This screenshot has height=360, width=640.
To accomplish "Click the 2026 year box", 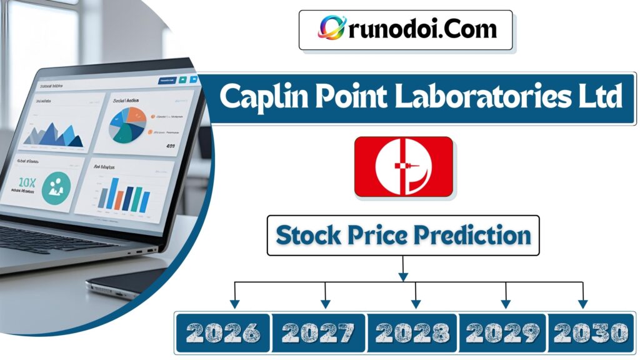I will (223, 332).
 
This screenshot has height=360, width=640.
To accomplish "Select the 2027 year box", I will (319, 332).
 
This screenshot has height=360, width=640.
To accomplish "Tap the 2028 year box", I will (413, 332).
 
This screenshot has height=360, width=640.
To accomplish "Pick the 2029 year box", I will (503, 332).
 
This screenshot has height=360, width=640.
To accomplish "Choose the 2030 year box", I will (590, 332).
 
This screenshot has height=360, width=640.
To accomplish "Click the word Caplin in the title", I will (261, 98).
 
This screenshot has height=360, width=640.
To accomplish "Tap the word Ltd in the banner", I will (599, 98).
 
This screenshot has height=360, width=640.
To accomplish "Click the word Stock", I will (307, 236).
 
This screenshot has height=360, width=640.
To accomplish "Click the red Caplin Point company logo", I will (403, 167).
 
